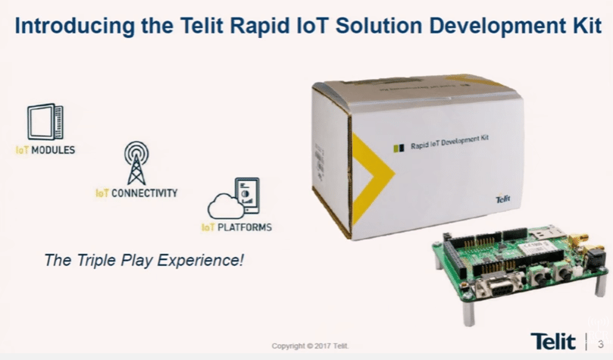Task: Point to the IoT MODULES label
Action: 45,150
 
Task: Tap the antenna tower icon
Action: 136,162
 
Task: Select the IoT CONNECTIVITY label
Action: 136,193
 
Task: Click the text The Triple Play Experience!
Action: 144,261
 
